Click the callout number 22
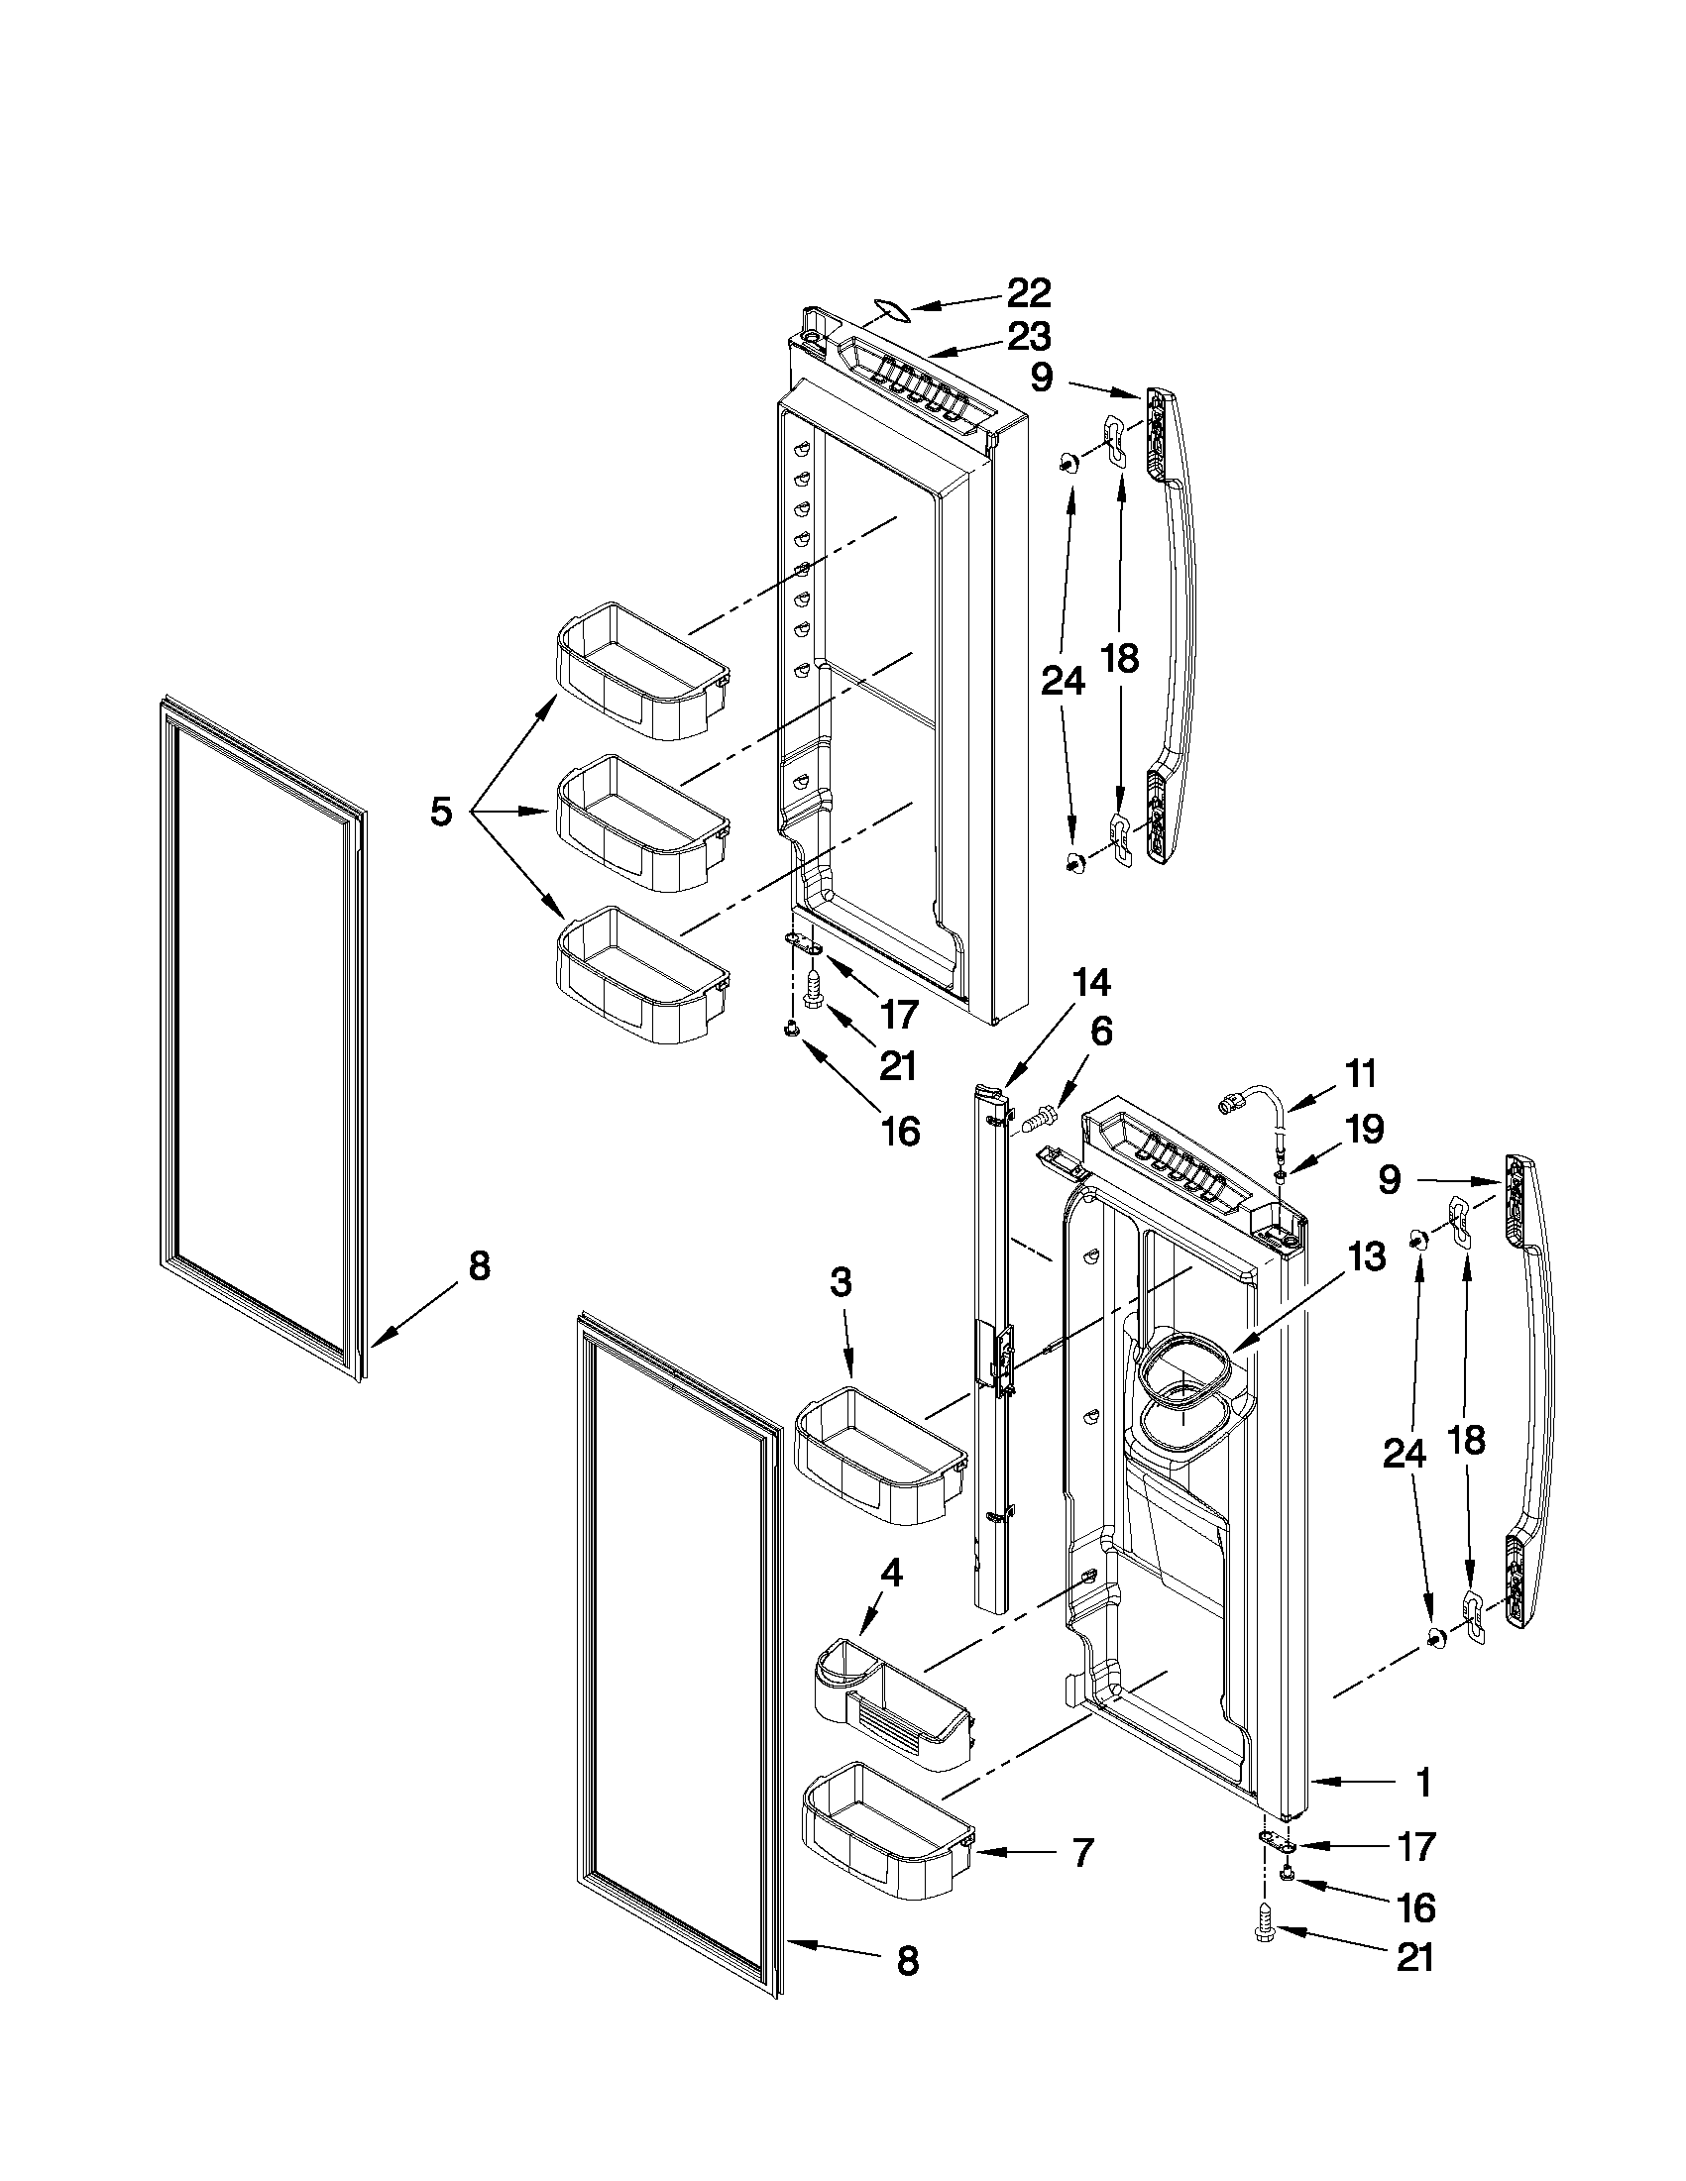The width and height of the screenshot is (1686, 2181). [1029, 293]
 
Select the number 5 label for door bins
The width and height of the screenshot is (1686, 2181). [440, 812]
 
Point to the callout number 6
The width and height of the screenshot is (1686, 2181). [1099, 1031]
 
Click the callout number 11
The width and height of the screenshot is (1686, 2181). [1359, 1074]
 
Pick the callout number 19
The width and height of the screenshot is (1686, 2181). [1364, 1129]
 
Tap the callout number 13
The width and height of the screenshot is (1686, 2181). [1365, 1257]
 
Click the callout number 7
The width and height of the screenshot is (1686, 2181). [1080, 1852]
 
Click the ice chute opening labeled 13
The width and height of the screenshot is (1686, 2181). [1183, 1375]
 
